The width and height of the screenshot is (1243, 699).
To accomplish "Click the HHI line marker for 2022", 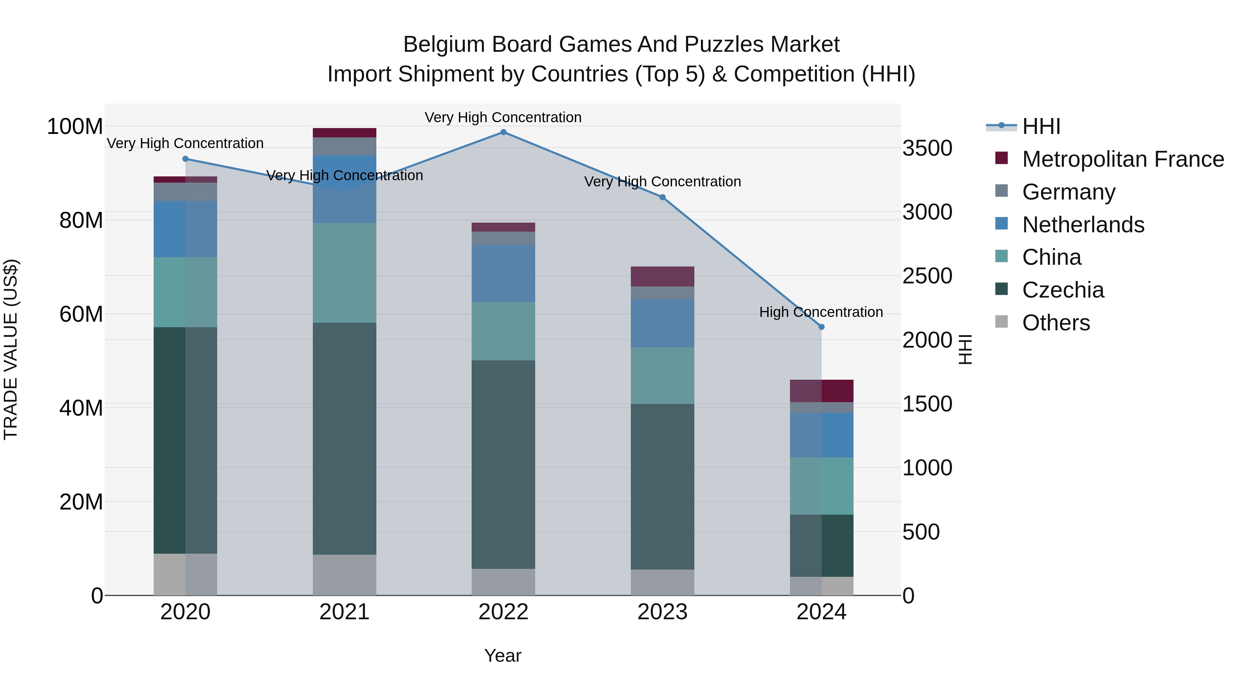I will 503,132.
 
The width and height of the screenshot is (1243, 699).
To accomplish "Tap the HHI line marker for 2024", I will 821,327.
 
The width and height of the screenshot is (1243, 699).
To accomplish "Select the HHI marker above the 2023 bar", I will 663,197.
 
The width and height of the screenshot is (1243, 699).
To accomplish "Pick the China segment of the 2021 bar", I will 345,273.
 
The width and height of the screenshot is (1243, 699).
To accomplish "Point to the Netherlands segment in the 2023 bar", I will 663,323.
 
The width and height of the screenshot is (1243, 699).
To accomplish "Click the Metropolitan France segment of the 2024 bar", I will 821,391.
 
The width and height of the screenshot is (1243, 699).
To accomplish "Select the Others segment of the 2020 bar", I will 185,574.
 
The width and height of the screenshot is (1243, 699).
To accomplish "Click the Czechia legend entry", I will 1062,290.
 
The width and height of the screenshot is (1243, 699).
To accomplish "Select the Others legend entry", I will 1056,323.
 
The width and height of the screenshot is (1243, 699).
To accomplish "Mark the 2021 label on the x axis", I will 345,612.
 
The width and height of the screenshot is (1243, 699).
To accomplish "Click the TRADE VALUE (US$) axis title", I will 11,349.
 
